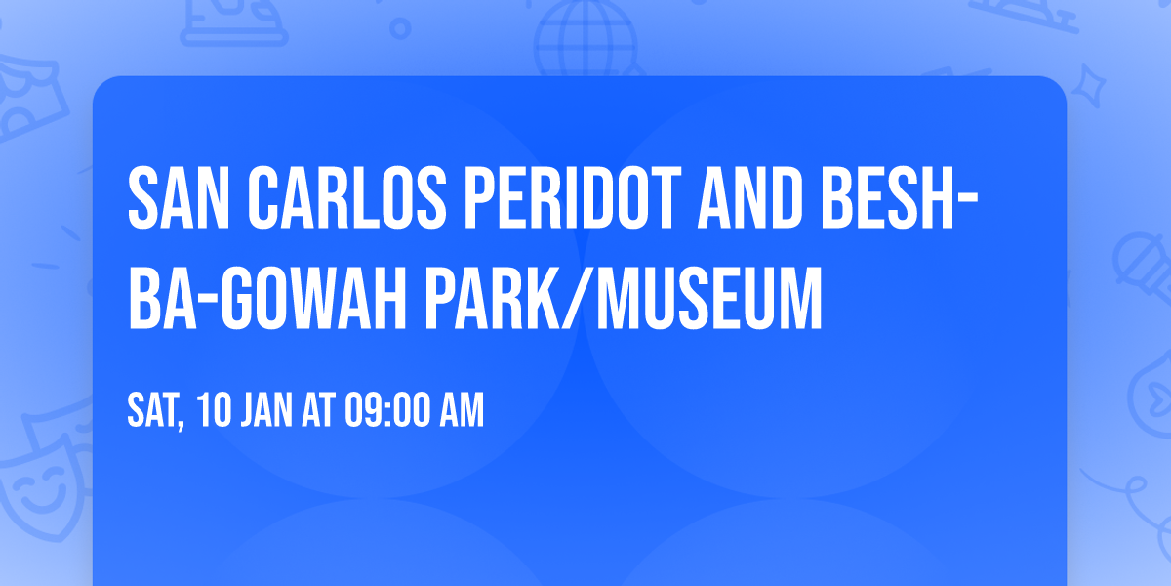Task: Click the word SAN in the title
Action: [x=179, y=197]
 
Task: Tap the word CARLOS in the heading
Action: [x=347, y=197]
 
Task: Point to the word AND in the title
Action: [x=750, y=197]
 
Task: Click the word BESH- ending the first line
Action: [x=900, y=197]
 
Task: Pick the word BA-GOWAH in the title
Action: [x=267, y=298]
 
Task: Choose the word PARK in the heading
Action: [x=493, y=298]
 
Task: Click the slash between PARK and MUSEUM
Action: [x=579, y=298]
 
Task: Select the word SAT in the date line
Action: [x=156, y=411]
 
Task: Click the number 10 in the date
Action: [x=214, y=410]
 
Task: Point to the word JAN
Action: [x=266, y=410]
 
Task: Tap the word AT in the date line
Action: [x=318, y=410]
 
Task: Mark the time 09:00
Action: [x=387, y=410]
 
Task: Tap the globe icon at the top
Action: [x=585, y=38]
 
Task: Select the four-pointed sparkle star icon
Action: [x=1088, y=86]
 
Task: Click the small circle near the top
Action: [x=400, y=28]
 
